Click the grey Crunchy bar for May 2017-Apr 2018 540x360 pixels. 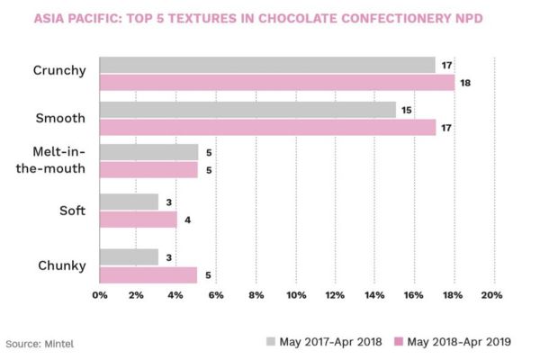pos(267,65)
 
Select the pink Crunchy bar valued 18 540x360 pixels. pos(276,83)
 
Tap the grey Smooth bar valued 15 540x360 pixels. pos(247,110)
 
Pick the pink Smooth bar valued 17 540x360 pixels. pos(267,128)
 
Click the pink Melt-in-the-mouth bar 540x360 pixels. pos(148,169)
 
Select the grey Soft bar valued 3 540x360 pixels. pos(129,202)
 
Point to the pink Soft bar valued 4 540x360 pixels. pos(139,219)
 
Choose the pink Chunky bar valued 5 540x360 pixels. pos(148,274)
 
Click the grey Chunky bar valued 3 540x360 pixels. pos(129,257)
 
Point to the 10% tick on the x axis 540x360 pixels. pos(296,295)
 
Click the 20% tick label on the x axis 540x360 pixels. pos(491,295)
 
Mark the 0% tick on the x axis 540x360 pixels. pos(99,295)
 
